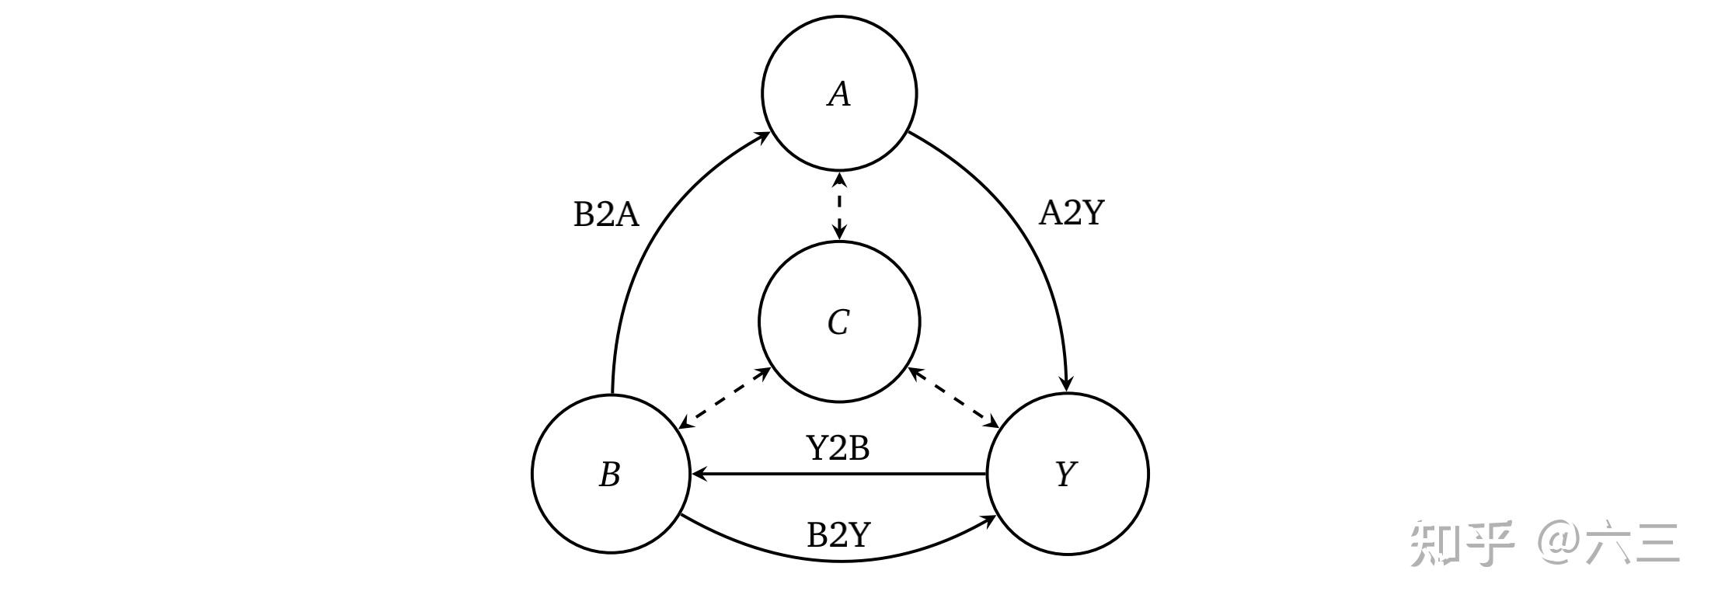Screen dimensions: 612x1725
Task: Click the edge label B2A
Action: click(606, 214)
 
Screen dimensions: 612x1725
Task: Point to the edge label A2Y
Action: click(1071, 212)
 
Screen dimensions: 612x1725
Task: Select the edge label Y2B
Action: click(838, 447)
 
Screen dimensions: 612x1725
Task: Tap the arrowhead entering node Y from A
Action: click(1067, 384)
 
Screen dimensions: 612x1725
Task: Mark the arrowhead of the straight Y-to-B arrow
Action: click(699, 473)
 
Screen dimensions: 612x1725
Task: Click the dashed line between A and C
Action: click(839, 206)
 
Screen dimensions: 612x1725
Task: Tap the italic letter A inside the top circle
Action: click(839, 94)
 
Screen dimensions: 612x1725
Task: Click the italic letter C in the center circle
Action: click(838, 322)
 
